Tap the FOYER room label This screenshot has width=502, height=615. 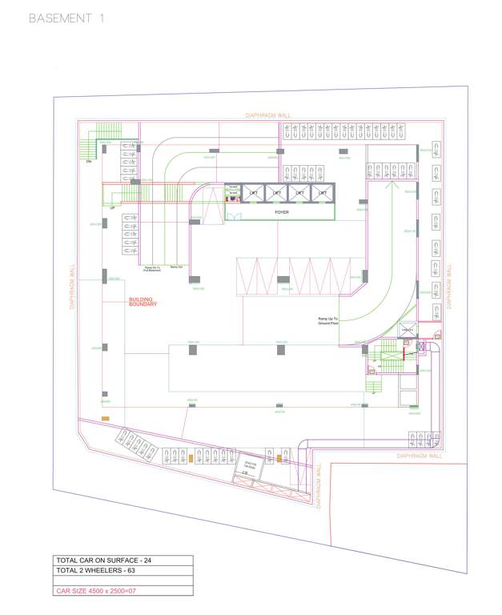coord(282,212)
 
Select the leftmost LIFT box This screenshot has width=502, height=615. coord(253,193)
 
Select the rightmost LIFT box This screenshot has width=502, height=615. coord(322,193)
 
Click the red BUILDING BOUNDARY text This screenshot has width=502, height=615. coord(143,303)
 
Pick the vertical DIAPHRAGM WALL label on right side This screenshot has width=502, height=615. coord(451,286)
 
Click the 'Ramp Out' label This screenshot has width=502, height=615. coord(176,266)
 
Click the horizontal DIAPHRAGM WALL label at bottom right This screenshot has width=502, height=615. coord(419,456)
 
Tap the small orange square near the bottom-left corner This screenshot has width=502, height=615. coord(105,418)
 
